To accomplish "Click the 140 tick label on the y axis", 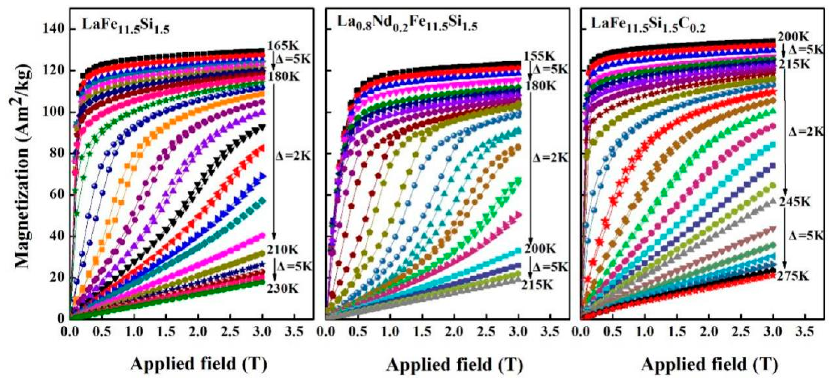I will click(x=53, y=29).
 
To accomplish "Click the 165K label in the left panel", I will click(x=283, y=46).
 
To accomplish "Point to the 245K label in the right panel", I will click(x=794, y=202).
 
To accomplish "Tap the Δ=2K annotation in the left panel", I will click(x=293, y=156).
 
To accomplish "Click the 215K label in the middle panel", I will click(x=537, y=285).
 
